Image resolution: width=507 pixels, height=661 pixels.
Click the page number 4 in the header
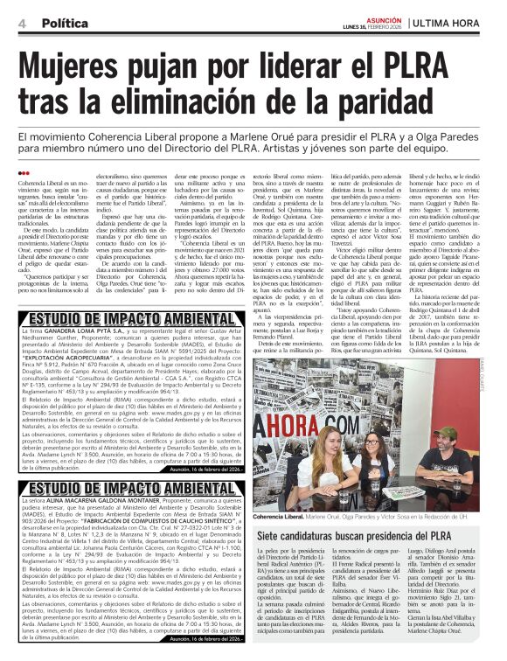pos(22,23)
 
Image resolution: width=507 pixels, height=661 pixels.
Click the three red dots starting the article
pos(23,172)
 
